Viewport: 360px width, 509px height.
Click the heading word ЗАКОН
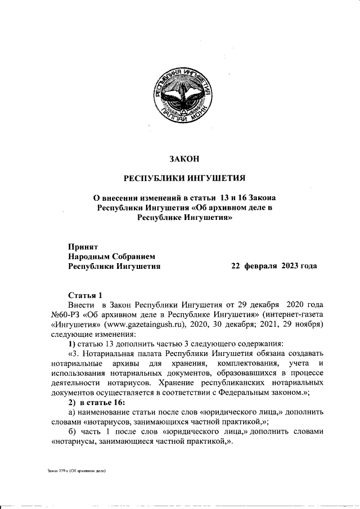pyautogui.click(x=185, y=159)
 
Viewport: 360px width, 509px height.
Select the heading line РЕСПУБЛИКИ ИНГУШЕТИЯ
pyautogui.click(x=185, y=179)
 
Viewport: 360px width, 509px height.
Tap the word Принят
pyautogui.click(x=83, y=246)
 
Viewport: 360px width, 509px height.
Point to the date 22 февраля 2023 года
pyautogui.click(x=274, y=266)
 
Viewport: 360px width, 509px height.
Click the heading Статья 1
pyautogui.click(x=85, y=295)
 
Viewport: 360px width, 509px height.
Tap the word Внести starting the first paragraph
pyautogui.click(x=81, y=304)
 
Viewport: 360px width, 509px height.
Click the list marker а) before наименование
pyautogui.click(x=72, y=412)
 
